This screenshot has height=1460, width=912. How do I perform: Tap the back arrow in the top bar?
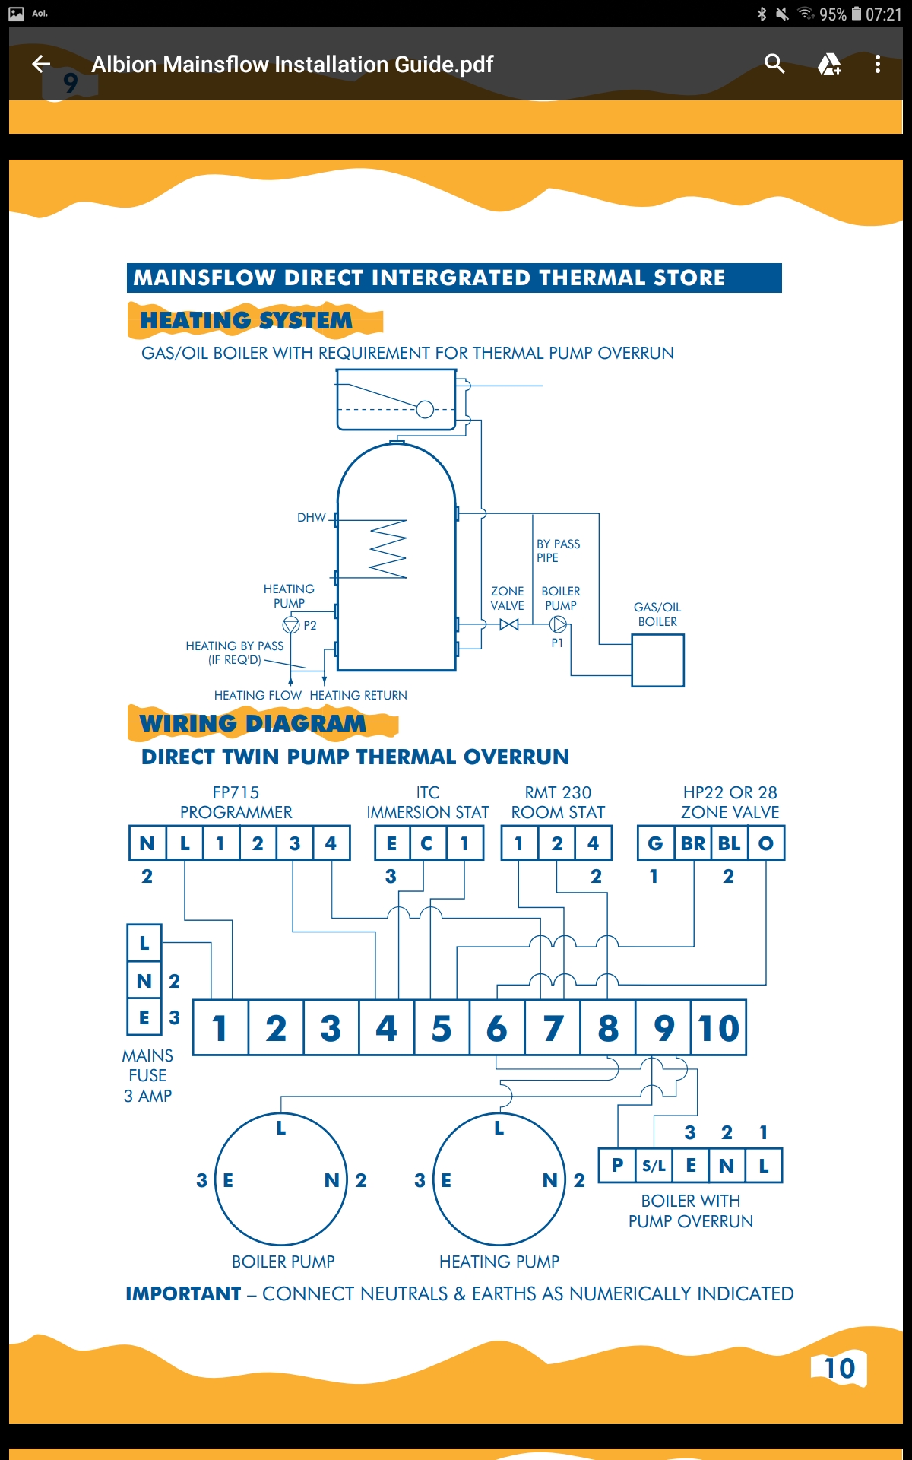click(x=41, y=64)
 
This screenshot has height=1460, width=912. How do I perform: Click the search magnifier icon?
click(x=774, y=64)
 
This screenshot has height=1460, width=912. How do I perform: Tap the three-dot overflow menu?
click(x=878, y=64)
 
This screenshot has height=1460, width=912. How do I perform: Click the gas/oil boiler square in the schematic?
click(x=657, y=661)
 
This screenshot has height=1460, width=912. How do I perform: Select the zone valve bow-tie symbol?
click(x=509, y=624)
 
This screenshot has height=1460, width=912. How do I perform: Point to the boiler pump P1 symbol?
click(x=558, y=624)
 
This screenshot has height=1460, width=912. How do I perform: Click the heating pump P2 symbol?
click(x=291, y=625)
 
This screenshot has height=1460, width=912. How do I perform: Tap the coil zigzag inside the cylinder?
click(x=388, y=549)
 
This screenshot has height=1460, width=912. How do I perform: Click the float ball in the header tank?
click(x=425, y=410)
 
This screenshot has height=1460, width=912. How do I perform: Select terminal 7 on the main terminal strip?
click(x=553, y=1028)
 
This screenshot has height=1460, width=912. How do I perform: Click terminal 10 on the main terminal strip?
click(x=719, y=1028)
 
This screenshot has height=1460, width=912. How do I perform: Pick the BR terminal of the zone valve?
click(x=693, y=843)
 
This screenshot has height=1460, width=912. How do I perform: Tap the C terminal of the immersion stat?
click(x=426, y=843)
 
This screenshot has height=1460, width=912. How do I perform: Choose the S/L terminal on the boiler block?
click(x=654, y=1165)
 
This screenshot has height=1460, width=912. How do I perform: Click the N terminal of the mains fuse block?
click(x=144, y=981)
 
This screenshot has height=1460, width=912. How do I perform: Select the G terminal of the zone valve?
click(x=656, y=843)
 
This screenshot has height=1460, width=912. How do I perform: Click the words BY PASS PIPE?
click(x=558, y=551)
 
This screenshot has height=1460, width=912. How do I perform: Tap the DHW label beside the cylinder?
click(x=312, y=518)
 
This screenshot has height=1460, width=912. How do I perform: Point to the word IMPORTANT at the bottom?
click(x=183, y=1293)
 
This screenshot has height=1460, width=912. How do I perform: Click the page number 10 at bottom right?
click(x=840, y=1369)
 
